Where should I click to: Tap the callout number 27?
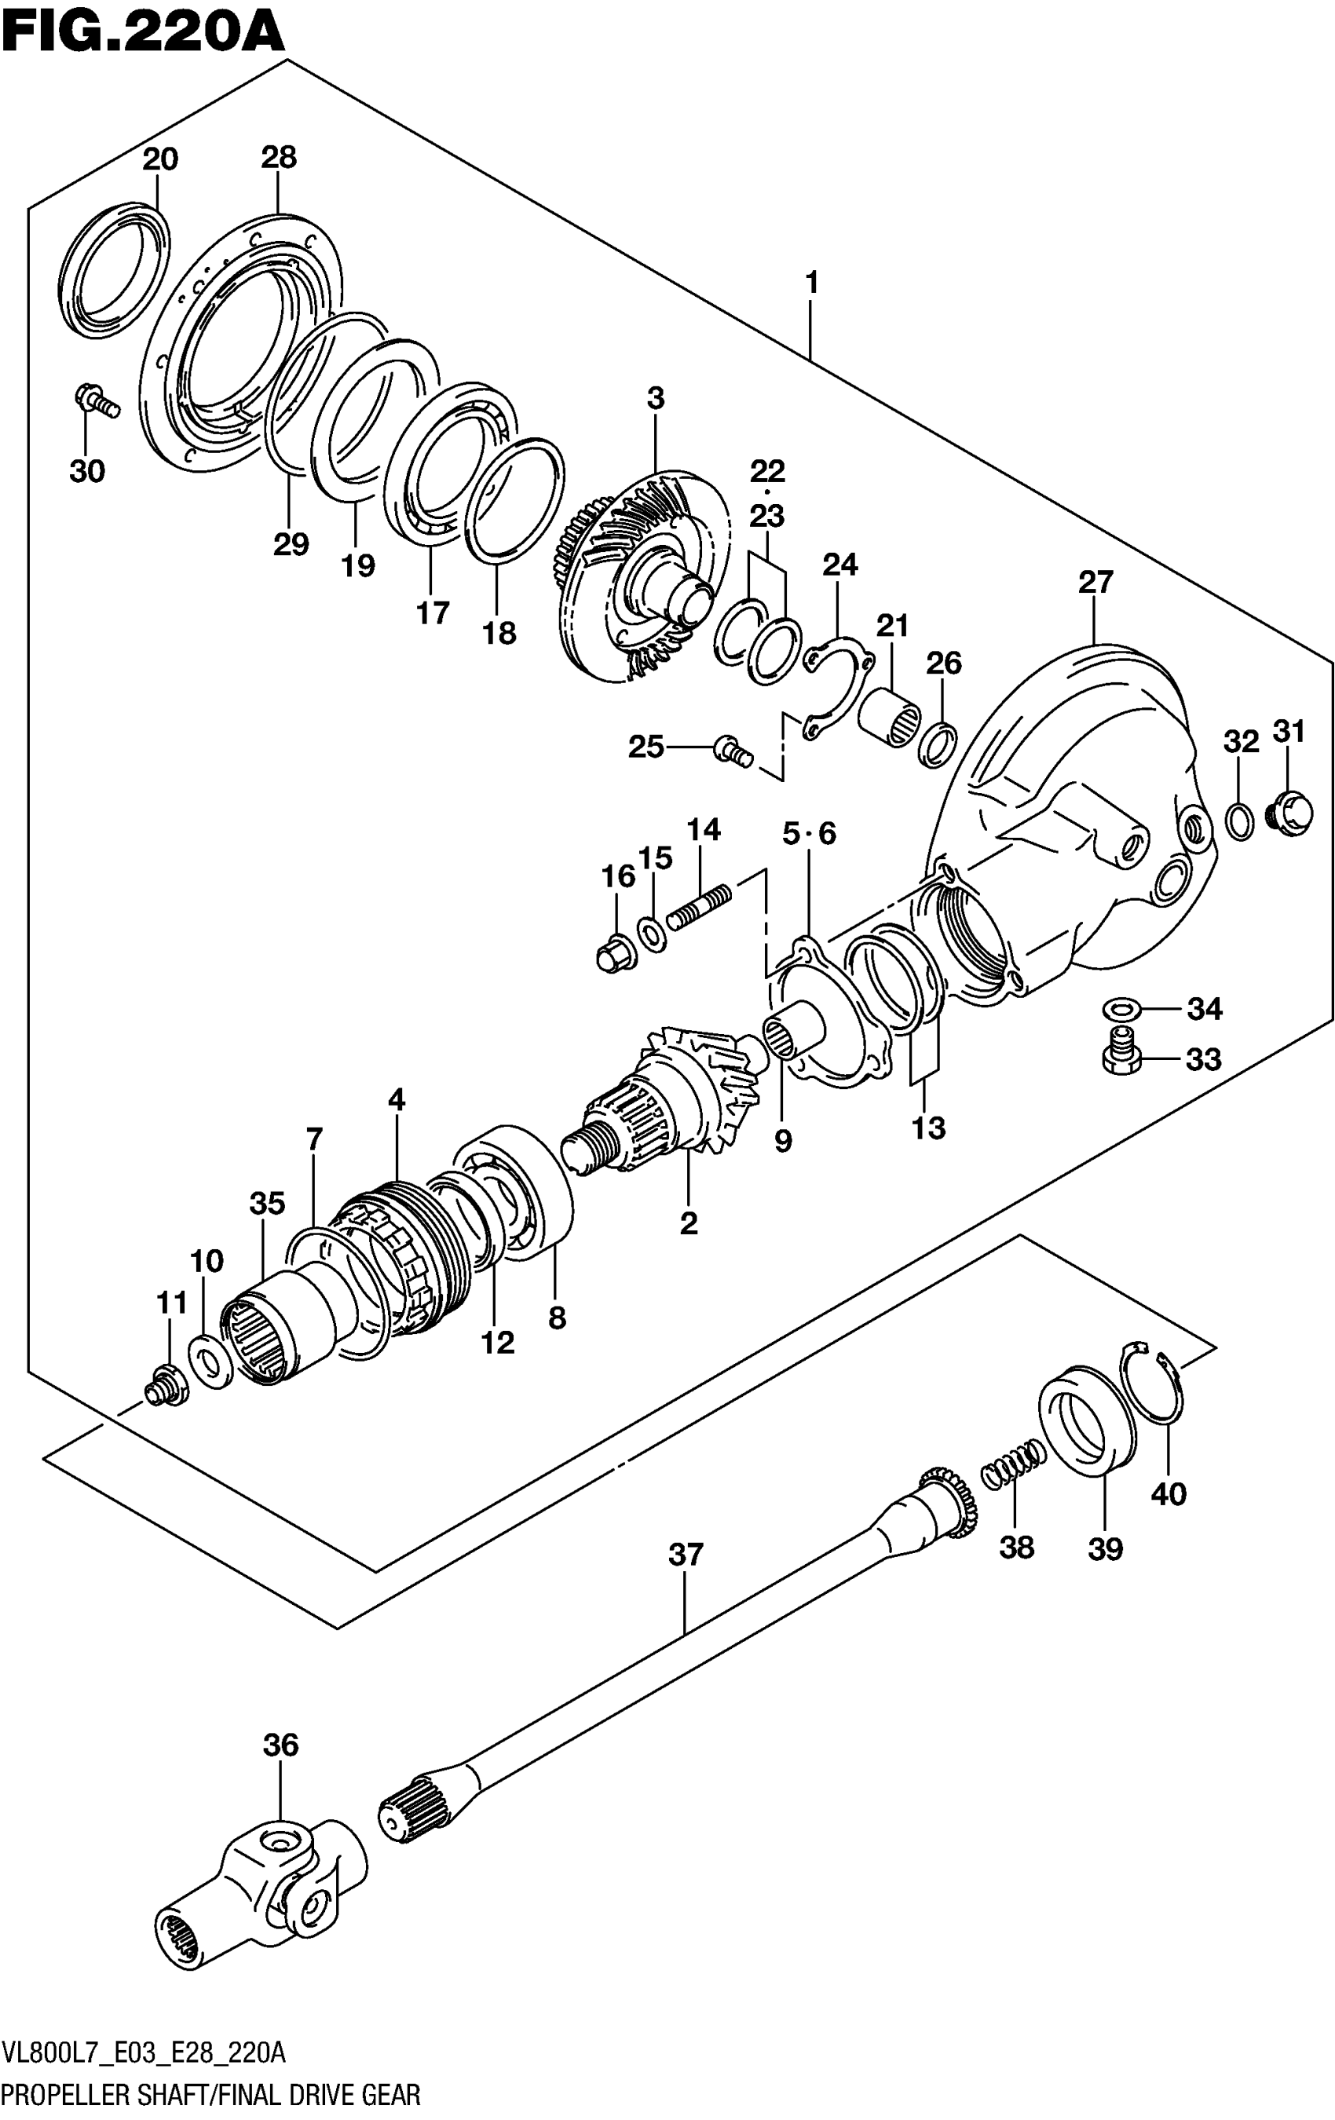(1095, 582)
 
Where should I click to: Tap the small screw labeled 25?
(733, 751)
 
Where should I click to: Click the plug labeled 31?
(1289, 810)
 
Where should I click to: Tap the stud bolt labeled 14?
(698, 908)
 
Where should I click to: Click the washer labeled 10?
(209, 1361)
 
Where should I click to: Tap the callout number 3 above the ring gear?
(655, 398)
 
